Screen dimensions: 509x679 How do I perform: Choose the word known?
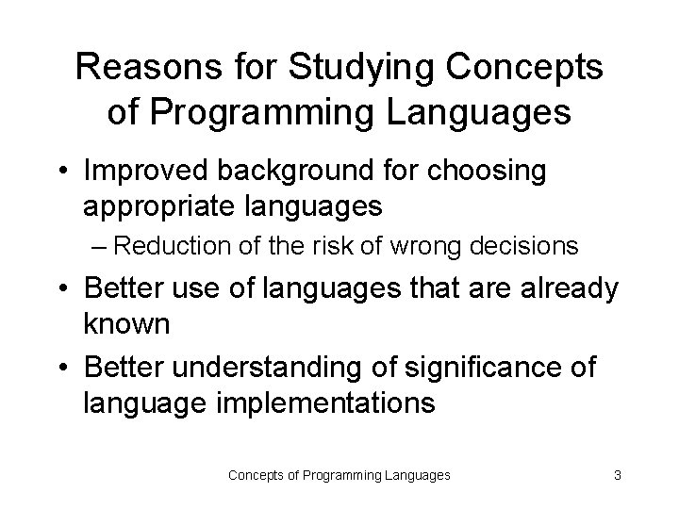tap(126, 324)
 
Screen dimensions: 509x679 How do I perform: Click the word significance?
tap(478, 367)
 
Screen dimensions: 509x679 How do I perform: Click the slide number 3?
tap(617, 476)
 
